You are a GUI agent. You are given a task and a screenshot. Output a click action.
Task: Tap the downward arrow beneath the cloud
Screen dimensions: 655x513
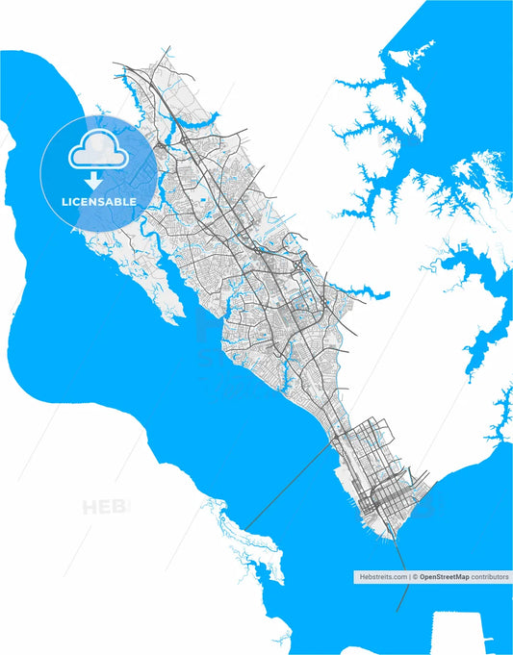point(94,180)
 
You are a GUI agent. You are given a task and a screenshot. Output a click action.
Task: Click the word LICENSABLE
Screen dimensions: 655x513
point(98,202)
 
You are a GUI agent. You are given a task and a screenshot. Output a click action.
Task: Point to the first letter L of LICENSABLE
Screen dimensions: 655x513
point(64,202)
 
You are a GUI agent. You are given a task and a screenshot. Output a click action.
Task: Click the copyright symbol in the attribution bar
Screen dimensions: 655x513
point(415,577)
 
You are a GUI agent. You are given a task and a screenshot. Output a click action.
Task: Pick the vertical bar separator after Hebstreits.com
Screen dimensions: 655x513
point(408,577)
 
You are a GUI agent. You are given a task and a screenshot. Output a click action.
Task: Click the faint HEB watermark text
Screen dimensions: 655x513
point(105,506)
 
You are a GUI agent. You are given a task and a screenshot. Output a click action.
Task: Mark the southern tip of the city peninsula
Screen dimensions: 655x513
point(390,538)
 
